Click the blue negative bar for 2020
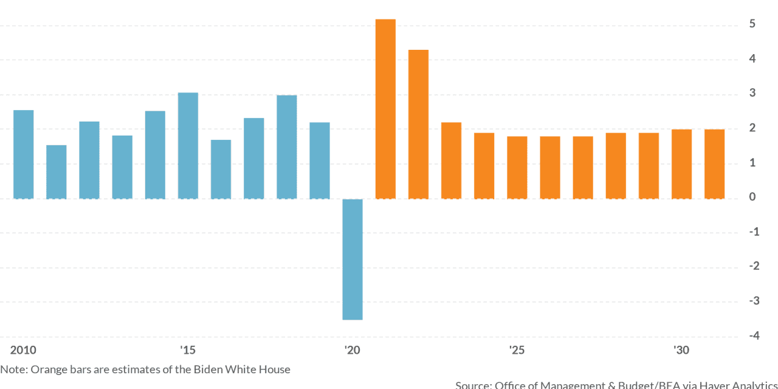tap(353, 259)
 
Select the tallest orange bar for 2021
tap(385, 109)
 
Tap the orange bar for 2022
tap(418, 124)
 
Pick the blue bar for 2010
tap(23, 154)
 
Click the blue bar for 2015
tap(188, 146)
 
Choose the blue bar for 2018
tap(287, 147)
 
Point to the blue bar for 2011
tap(57, 172)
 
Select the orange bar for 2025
tap(517, 168)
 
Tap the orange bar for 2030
tap(681, 164)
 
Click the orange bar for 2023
tap(451, 160)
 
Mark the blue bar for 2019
tap(320, 160)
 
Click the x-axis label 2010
tap(23, 350)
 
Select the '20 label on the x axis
tap(352, 350)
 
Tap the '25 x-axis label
tap(517, 350)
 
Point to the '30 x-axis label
tap(681, 350)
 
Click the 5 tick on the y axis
tap(752, 24)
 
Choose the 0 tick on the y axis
tap(752, 197)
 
